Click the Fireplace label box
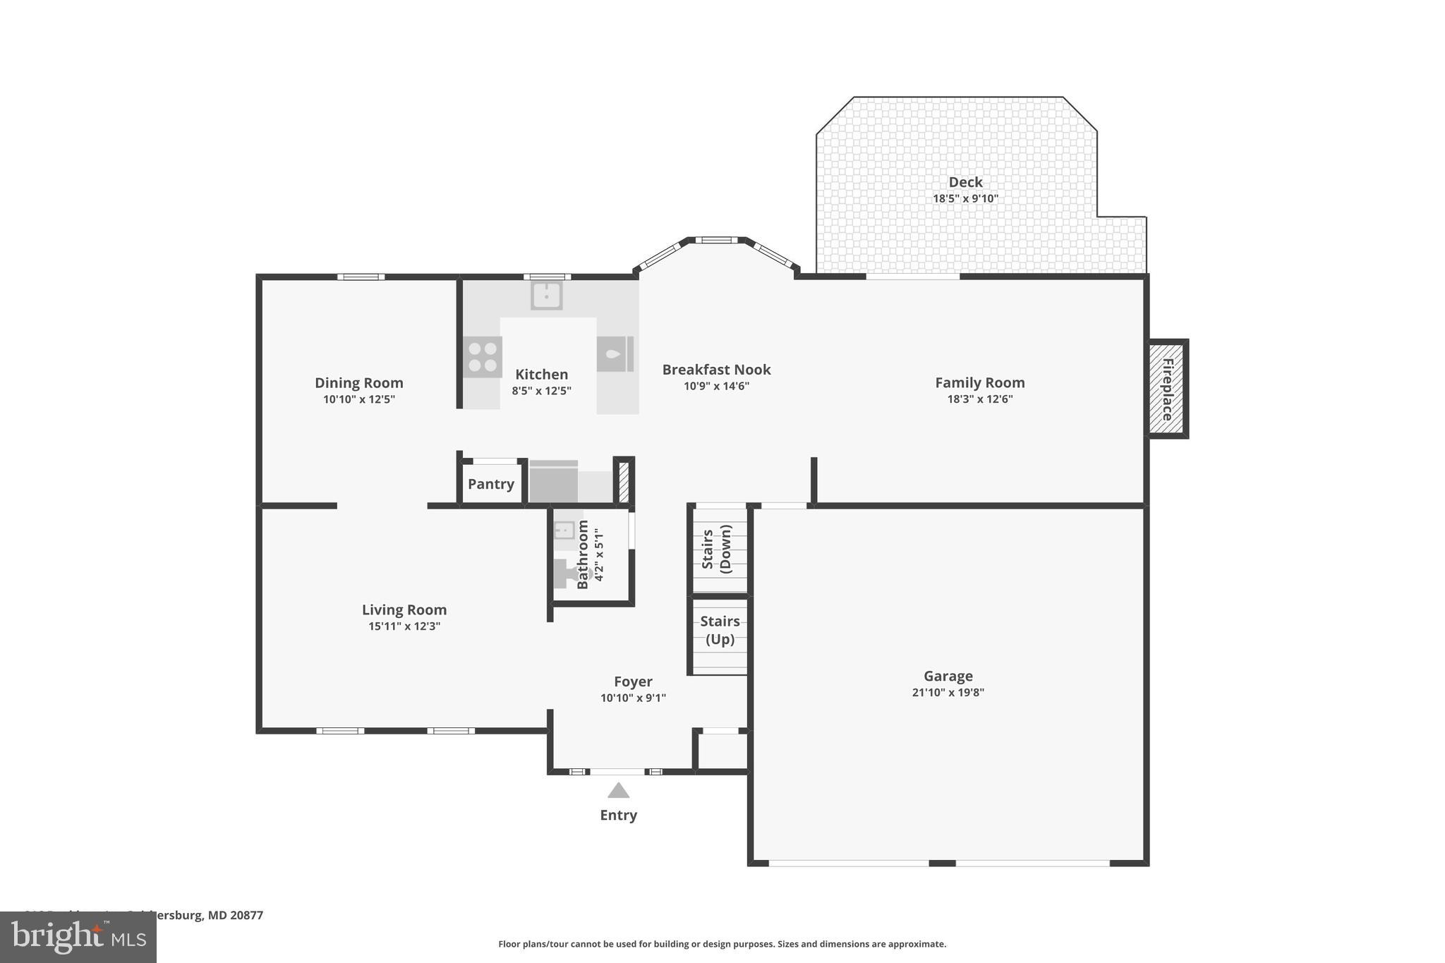[x=1167, y=389]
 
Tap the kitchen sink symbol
[x=547, y=296]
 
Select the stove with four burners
[x=483, y=357]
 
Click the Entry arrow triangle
[x=618, y=790]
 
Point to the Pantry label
[x=491, y=484]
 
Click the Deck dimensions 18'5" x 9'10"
[x=965, y=199]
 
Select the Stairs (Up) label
[x=720, y=630]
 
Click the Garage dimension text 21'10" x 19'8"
[x=948, y=693]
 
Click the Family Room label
[x=979, y=382]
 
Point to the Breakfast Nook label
[x=716, y=370]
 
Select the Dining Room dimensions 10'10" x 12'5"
[x=359, y=399]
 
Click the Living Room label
[x=404, y=610]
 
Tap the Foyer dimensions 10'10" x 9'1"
[x=633, y=698]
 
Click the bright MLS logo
[x=78, y=937]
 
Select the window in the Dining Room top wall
[x=361, y=277]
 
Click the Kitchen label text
[x=541, y=375]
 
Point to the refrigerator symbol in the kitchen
[x=615, y=354]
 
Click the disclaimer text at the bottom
[x=722, y=944]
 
